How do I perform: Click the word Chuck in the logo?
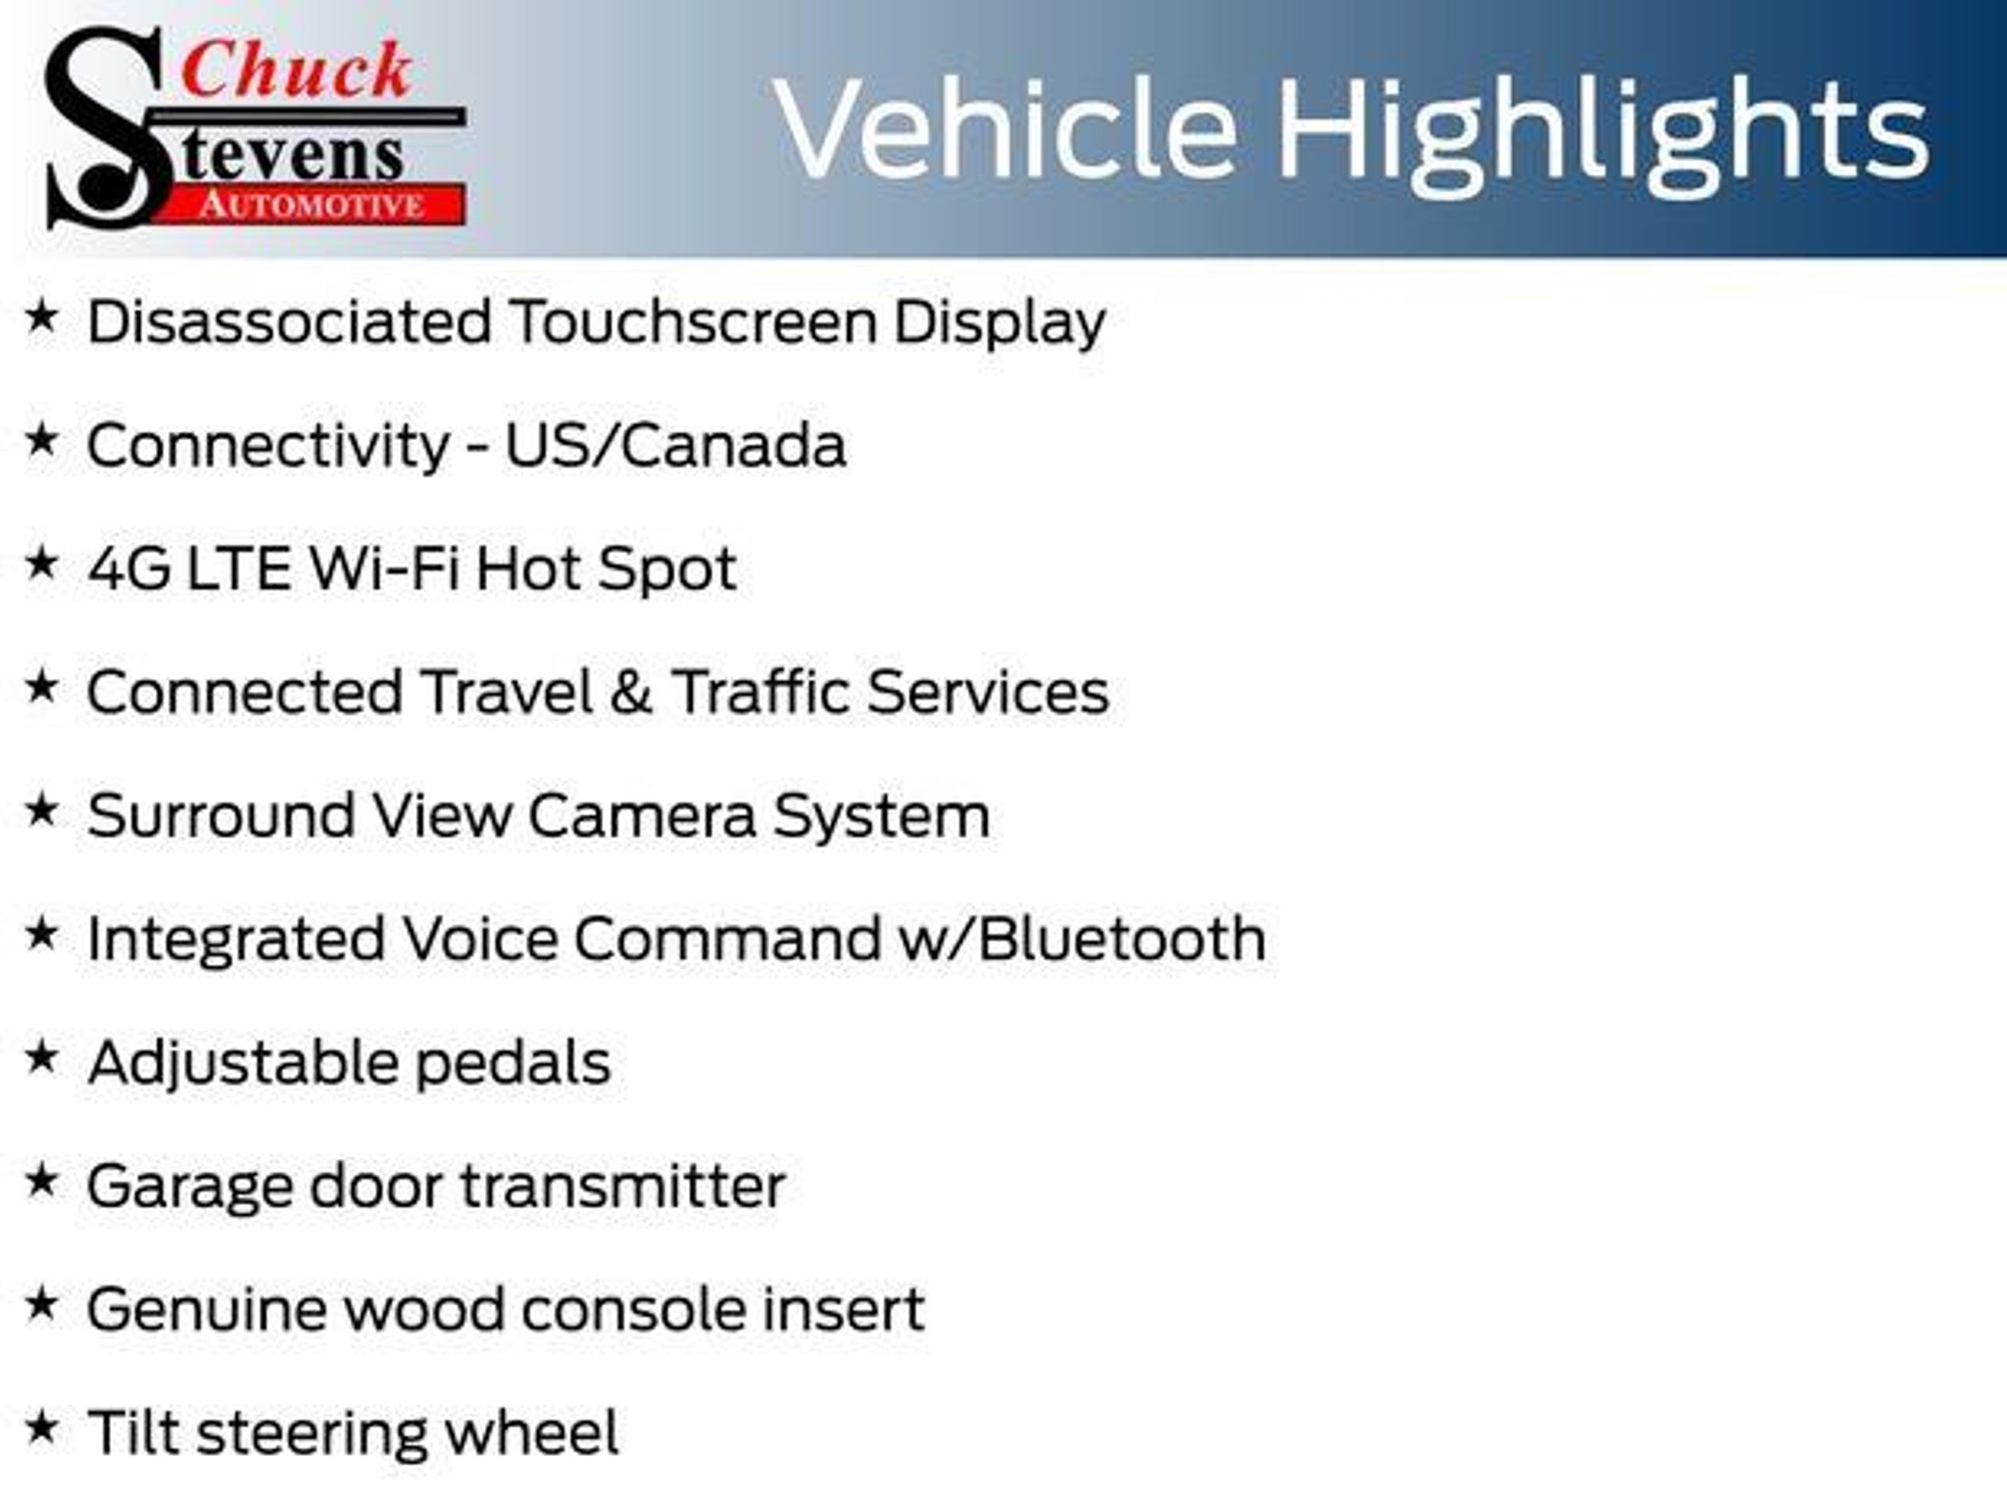click(x=296, y=70)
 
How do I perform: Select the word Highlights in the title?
click(x=1603, y=138)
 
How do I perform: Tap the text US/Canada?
click(x=675, y=445)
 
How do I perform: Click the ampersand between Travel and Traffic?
click(x=631, y=692)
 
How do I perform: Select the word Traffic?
click(x=760, y=692)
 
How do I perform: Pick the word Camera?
click(x=643, y=815)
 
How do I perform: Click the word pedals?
click(x=513, y=1062)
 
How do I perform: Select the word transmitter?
click(x=624, y=1186)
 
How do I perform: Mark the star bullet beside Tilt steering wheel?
click(x=41, y=1428)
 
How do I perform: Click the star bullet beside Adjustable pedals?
click(x=41, y=1057)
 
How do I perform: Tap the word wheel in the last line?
click(x=532, y=1432)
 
